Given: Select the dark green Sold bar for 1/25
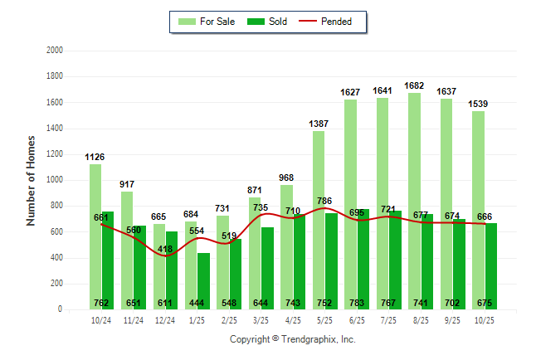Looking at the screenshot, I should click(x=203, y=282).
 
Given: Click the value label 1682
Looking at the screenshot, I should click(x=415, y=85).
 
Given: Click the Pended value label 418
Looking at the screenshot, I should click(x=166, y=249).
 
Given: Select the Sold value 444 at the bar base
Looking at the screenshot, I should click(x=197, y=304).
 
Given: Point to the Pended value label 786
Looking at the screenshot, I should click(x=324, y=201).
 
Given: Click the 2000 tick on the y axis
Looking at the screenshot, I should click(x=56, y=51).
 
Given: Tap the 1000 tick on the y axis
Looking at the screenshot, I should click(x=56, y=180).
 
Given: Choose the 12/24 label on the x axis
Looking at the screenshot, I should click(x=165, y=319).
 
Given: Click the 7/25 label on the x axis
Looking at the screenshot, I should click(x=387, y=319).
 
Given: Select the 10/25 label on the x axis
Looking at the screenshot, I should click(x=484, y=319).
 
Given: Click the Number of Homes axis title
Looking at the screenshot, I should click(x=32, y=180).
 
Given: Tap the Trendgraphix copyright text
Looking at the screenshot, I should click(x=292, y=339).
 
